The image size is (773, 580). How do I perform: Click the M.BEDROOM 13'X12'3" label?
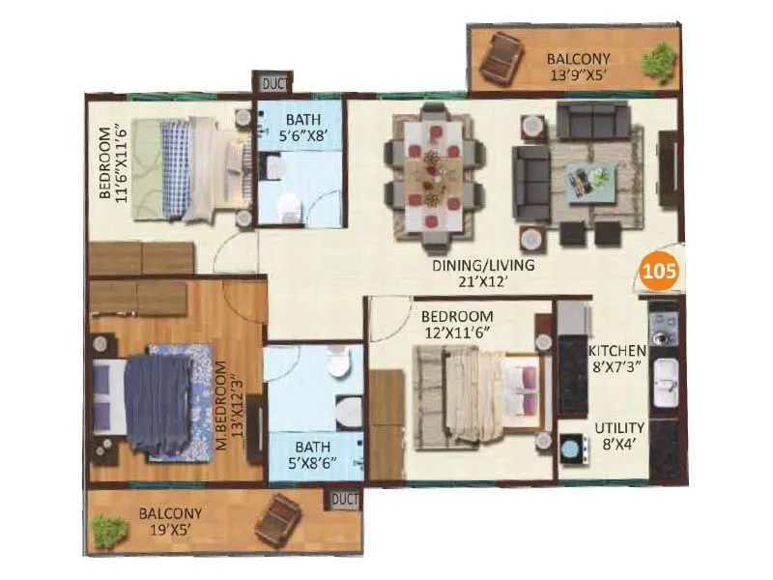(227, 399)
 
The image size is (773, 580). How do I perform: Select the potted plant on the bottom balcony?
(109, 530)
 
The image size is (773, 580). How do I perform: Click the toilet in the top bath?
(287, 205)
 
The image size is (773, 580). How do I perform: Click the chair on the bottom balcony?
(276, 519)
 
